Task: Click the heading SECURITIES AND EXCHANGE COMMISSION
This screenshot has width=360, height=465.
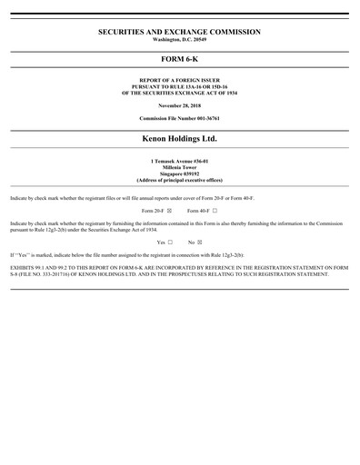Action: tap(179, 32)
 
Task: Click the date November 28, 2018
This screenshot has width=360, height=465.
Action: tap(179, 106)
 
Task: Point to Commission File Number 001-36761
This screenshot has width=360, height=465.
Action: tap(179, 119)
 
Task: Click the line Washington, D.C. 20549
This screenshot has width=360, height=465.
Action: tap(179, 41)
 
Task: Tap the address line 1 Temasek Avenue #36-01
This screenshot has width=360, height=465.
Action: tap(179, 160)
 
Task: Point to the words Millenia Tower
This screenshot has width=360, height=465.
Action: tap(179, 165)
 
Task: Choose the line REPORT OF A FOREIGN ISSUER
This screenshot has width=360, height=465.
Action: tap(179, 81)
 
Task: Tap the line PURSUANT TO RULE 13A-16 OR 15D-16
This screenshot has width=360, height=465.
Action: tap(179, 86)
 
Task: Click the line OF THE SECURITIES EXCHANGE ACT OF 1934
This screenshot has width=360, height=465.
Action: tap(179, 92)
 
